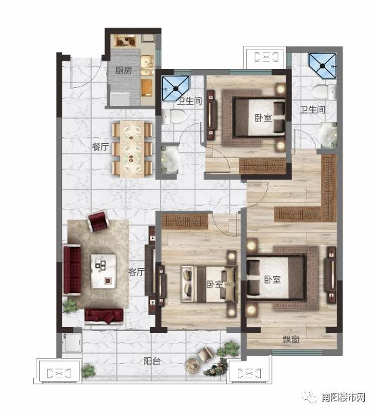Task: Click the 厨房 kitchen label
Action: point(124,70)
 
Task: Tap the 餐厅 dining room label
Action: point(101,147)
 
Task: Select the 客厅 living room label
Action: point(136,271)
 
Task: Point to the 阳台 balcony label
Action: point(151,361)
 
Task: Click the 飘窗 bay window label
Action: point(291,340)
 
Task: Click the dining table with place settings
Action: point(132,149)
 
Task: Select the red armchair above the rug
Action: point(98,220)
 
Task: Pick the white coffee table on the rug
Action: point(103,271)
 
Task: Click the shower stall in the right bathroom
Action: point(322,66)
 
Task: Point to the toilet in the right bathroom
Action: point(324,92)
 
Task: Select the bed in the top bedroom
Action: point(259,118)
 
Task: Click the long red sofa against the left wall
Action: point(72,270)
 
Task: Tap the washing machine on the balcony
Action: point(72,342)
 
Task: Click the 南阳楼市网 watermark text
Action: point(343,397)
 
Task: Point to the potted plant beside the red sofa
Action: point(70,306)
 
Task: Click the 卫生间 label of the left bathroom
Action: point(189,101)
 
